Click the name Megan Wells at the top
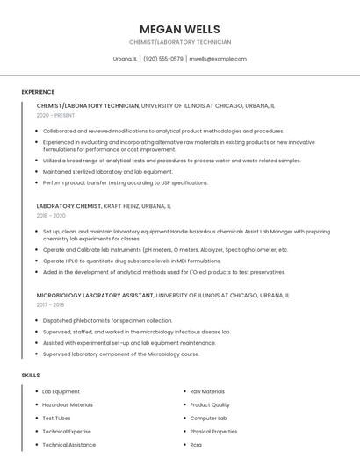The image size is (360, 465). click(179, 29)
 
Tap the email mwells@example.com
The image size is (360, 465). click(218, 59)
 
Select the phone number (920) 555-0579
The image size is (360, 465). click(163, 59)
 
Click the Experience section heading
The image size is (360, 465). click(38, 92)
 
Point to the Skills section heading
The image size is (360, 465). click(31, 375)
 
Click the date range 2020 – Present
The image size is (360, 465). click(55, 115)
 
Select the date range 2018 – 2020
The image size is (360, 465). click(51, 215)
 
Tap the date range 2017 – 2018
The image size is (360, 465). click(50, 305)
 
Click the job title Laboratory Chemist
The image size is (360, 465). click(68, 205)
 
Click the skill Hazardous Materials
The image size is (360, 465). click(68, 404)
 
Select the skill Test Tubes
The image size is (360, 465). click(57, 418)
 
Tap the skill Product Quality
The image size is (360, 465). click(210, 404)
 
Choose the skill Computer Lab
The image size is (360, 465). click(207, 418)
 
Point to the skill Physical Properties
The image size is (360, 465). click(213, 431)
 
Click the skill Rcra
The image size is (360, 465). click(196, 444)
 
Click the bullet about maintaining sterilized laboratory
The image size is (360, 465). click(107, 172)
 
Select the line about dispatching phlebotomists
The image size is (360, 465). click(107, 320)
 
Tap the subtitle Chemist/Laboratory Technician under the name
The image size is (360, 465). click(179, 42)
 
